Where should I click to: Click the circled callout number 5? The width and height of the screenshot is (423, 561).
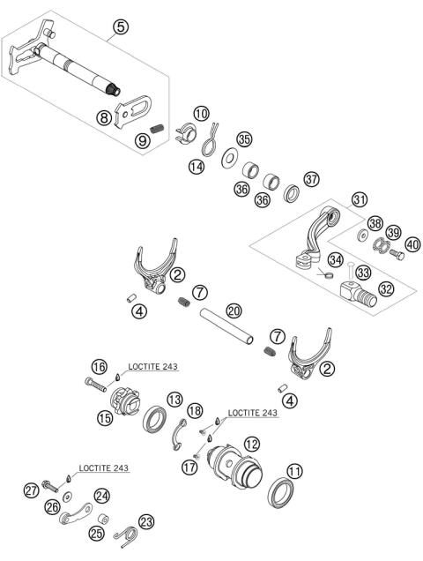[122, 26]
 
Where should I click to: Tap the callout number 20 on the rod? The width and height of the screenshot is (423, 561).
[233, 310]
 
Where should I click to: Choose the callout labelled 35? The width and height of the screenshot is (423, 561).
[244, 139]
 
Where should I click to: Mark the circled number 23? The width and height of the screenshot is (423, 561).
[147, 520]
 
